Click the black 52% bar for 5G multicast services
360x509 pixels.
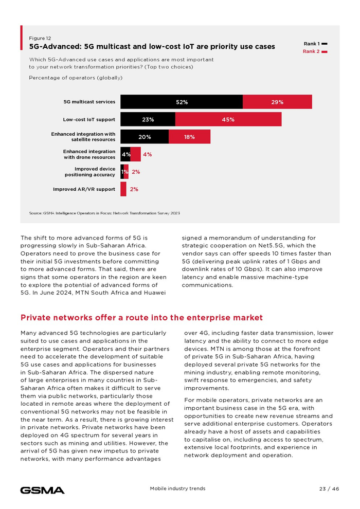pyautogui.click(x=181, y=102)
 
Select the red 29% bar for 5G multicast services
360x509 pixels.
pyautogui.click(x=277, y=102)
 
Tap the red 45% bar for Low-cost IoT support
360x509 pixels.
pyautogui.click(x=228, y=119)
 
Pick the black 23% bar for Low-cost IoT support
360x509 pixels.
pyautogui.click(x=148, y=119)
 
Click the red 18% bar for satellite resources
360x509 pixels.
pyautogui.click(x=189, y=137)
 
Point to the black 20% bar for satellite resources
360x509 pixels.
pyautogui.click(x=145, y=137)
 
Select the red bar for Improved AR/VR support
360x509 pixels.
pyautogui.click(x=123, y=189)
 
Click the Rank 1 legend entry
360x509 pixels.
pyautogui.click(x=315, y=44)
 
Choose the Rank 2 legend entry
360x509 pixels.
pyautogui.click(x=315, y=51)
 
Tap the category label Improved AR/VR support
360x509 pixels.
pyautogui.click(x=84, y=189)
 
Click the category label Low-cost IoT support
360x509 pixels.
pyautogui.click(x=89, y=119)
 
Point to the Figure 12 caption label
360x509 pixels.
pyautogui.click(x=40, y=38)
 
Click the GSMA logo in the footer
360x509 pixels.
pyautogui.click(x=42, y=490)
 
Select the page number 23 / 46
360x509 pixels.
pyautogui.click(x=329, y=488)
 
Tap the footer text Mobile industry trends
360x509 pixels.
pyautogui.click(x=177, y=488)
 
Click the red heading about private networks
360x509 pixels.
pyautogui.click(x=141, y=318)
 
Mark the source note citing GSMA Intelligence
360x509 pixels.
pyautogui.click(x=104, y=212)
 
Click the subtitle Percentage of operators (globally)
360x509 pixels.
pyautogui.click(x=76, y=78)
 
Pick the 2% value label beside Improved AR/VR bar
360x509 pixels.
pyautogui.click(x=134, y=189)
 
